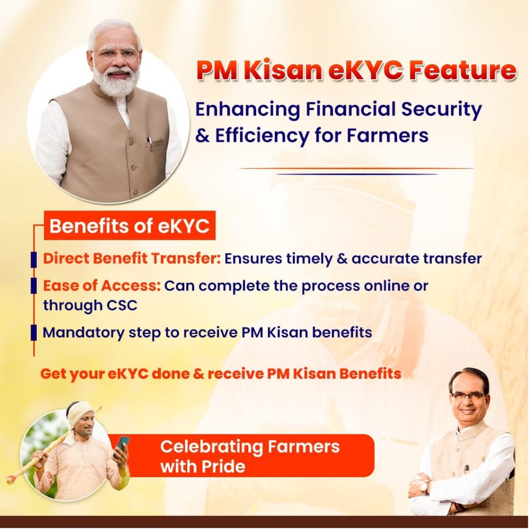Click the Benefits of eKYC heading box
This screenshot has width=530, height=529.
[129, 226]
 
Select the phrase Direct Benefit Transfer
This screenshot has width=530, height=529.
[131, 259]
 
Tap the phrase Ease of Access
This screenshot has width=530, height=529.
[101, 286]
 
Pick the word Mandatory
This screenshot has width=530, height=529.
[83, 333]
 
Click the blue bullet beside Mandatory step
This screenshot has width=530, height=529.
[34, 333]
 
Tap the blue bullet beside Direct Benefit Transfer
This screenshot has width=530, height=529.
[34, 259]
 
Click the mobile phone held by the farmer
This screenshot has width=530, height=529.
[122, 446]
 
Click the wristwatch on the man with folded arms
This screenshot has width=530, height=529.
[424, 487]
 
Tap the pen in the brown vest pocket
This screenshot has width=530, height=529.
[150, 144]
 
